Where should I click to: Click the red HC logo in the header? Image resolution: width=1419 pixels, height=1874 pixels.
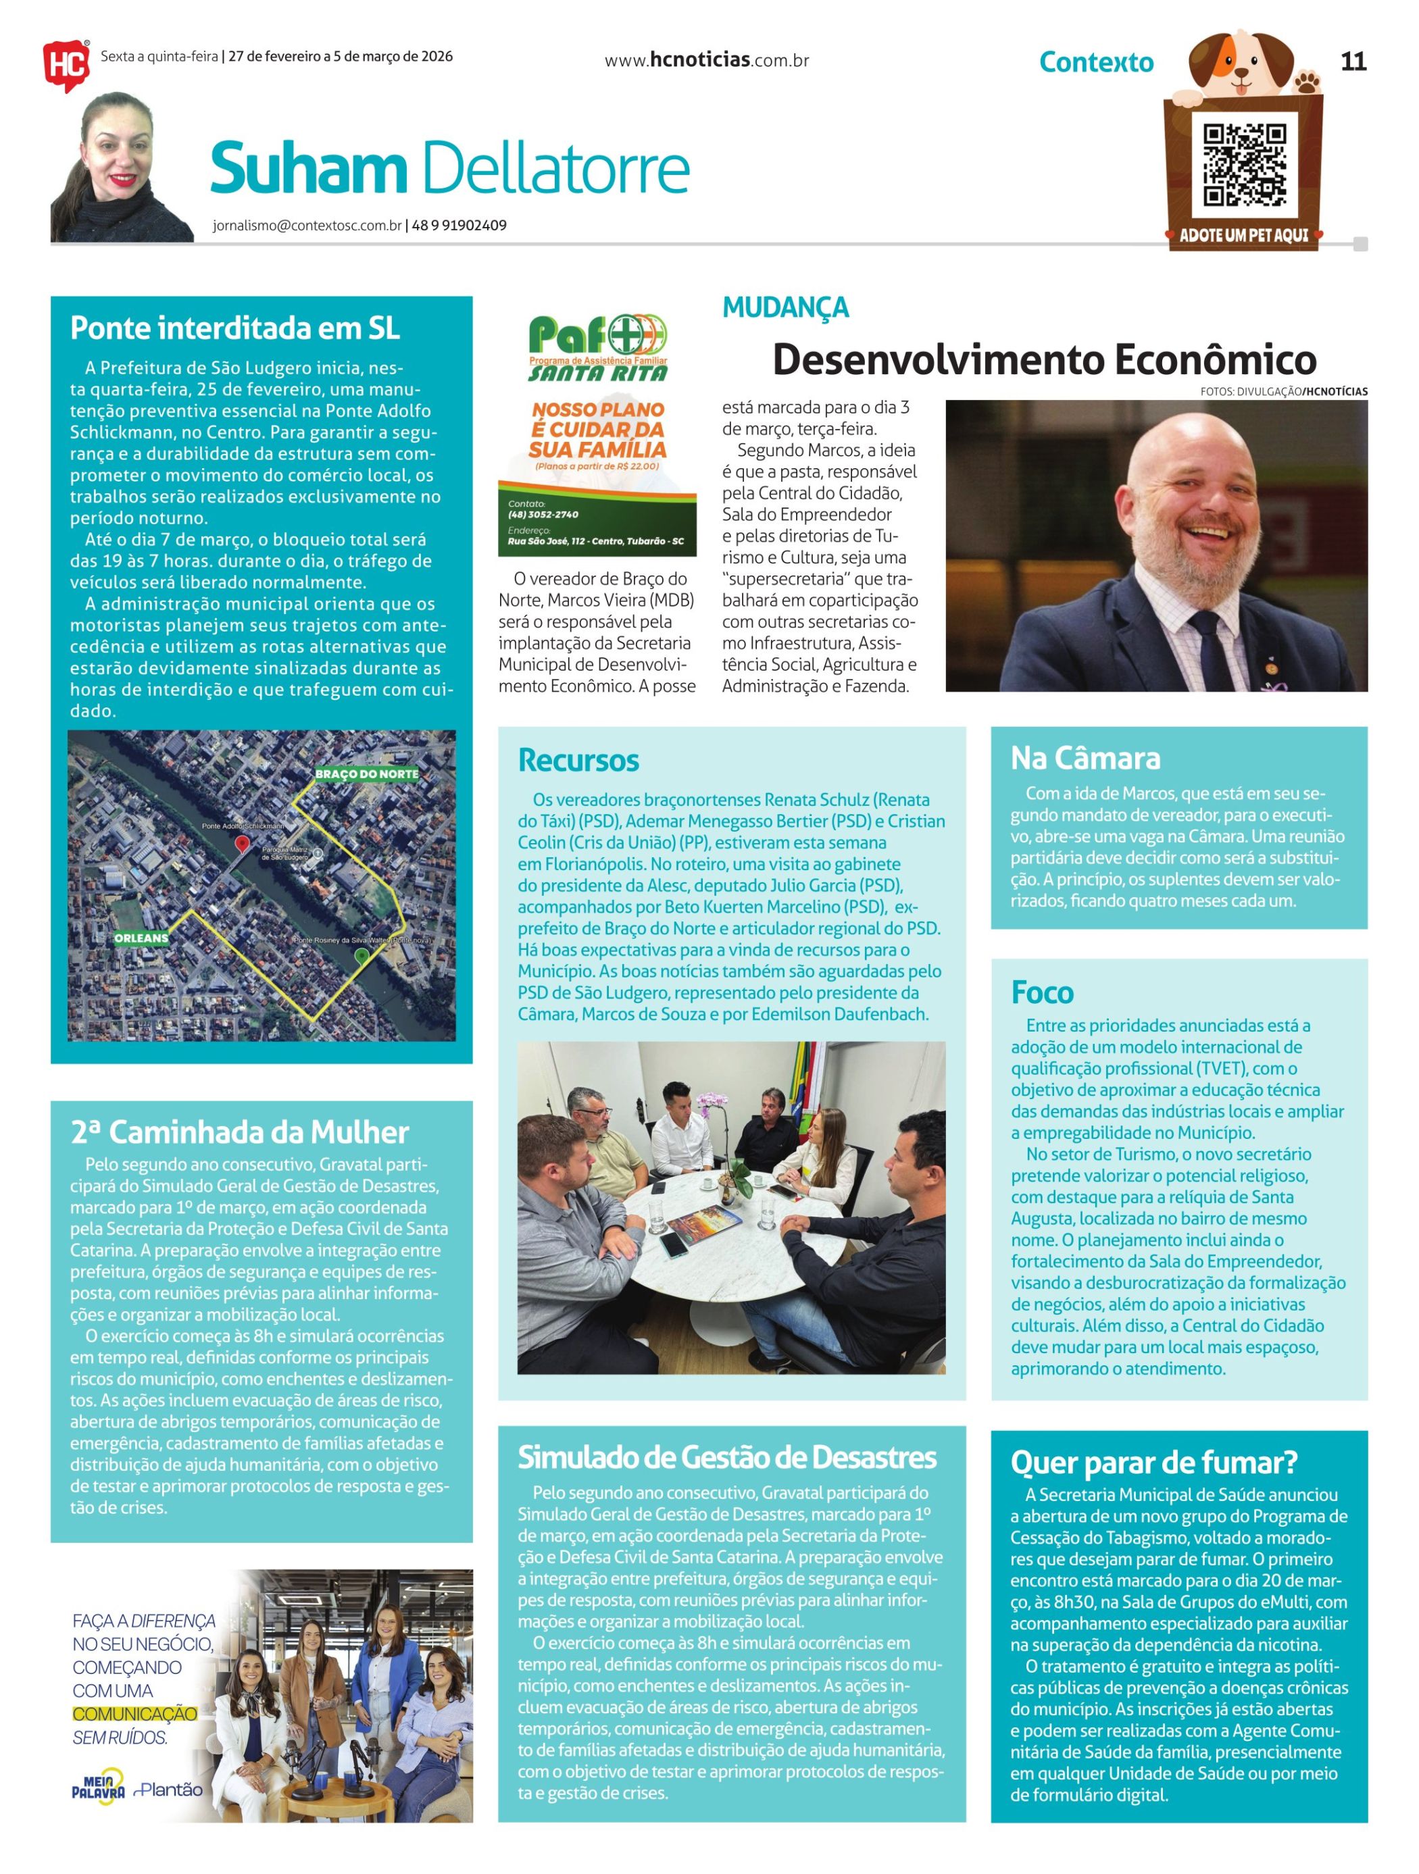pos(66,63)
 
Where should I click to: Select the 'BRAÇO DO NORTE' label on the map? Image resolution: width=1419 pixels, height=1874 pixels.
pos(367,774)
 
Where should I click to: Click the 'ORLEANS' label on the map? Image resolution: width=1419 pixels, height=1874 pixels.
pos(141,938)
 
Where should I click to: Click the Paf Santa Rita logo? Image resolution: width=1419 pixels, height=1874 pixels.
pos(597,347)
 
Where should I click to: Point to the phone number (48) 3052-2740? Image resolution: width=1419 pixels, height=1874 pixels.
pos(543,514)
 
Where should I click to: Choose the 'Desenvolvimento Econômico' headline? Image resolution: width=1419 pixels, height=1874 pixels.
pos(1044,360)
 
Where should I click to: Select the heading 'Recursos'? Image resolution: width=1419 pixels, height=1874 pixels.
pos(578,760)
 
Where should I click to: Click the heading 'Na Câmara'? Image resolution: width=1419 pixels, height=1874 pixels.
pos(1085,758)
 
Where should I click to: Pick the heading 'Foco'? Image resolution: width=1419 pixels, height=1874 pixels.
pos(1042,992)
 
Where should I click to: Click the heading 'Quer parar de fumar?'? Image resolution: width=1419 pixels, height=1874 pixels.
pos(1154,1463)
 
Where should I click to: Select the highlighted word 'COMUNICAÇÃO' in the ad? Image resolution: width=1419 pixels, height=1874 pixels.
pos(134,1714)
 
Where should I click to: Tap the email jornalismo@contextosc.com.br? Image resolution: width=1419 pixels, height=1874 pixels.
pos(307,226)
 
